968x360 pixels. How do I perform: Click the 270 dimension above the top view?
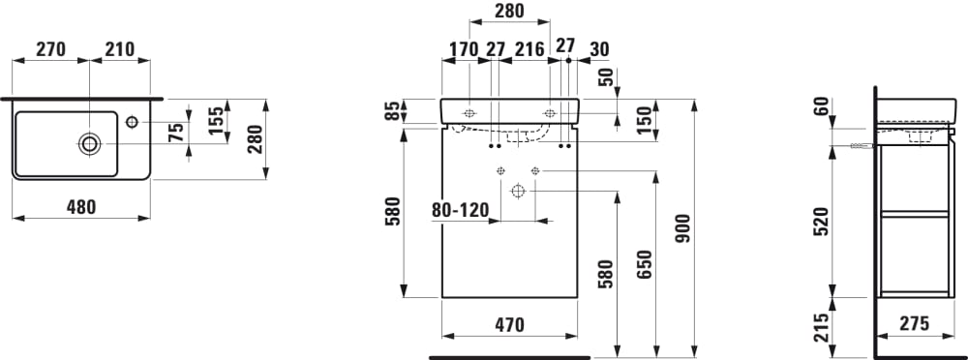click(x=50, y=49)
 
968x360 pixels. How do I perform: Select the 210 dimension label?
click(x=120, y=49)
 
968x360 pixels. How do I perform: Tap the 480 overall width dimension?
click(x=81, y=207)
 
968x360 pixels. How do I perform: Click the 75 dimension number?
click(x=176, y=133)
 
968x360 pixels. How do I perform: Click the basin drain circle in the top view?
click(x=89, y=144)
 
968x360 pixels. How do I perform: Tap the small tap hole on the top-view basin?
click(x=132, y=122)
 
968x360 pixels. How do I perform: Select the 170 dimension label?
click(x=465, y=49)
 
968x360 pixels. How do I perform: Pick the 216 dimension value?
click(x=530, y=49)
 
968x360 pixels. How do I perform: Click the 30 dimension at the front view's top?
click(x=599, y=49)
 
